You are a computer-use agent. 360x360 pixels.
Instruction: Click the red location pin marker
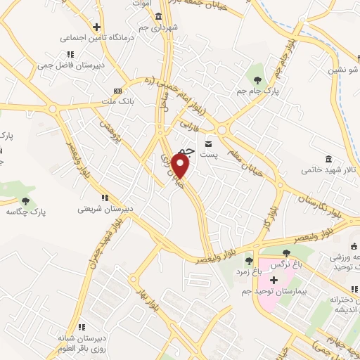181,165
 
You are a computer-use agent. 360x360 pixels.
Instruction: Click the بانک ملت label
118,101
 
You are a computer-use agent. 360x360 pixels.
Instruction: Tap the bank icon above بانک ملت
117,91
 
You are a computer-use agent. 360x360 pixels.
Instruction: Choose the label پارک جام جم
257,91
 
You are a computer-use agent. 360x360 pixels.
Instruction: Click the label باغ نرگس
285,266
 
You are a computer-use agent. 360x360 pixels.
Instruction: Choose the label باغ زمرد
247,271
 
